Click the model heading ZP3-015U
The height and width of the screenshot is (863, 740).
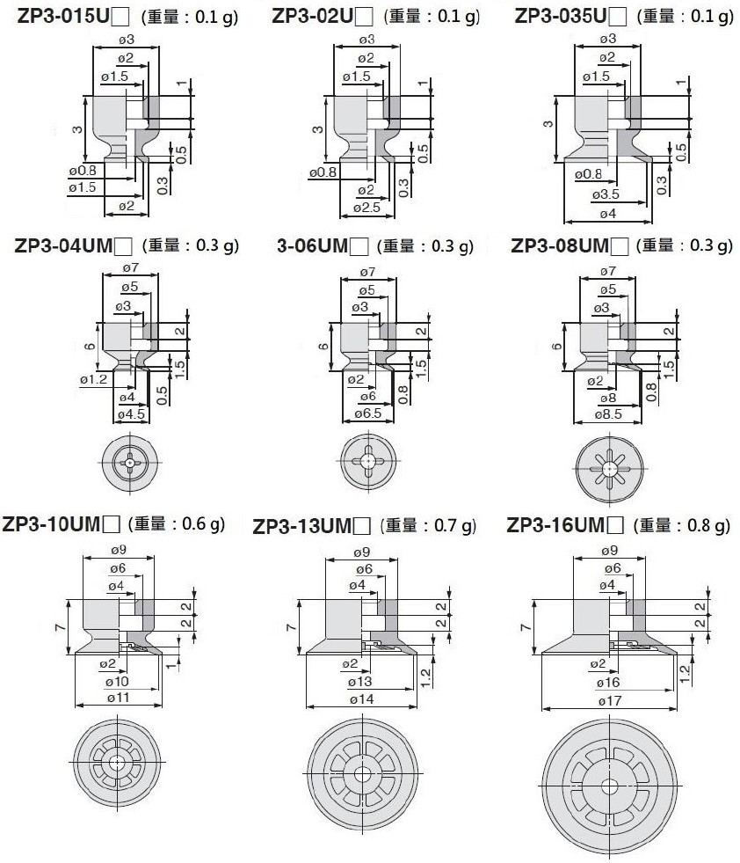point(65,17)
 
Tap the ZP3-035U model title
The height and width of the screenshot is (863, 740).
point(561,16)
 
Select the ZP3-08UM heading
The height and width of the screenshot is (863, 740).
point(560,245)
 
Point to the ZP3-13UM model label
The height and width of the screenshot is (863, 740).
point(301,526)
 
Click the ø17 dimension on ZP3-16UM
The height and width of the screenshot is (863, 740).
point(609,701)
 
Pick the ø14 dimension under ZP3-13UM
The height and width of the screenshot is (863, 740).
point(361,699)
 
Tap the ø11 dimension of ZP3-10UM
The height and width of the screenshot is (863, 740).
point(118,698)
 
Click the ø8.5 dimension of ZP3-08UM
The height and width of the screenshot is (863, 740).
point(608,413)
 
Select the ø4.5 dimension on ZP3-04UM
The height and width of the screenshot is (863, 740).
point(131,413)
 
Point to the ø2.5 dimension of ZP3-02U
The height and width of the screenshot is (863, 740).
point(366,208)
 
